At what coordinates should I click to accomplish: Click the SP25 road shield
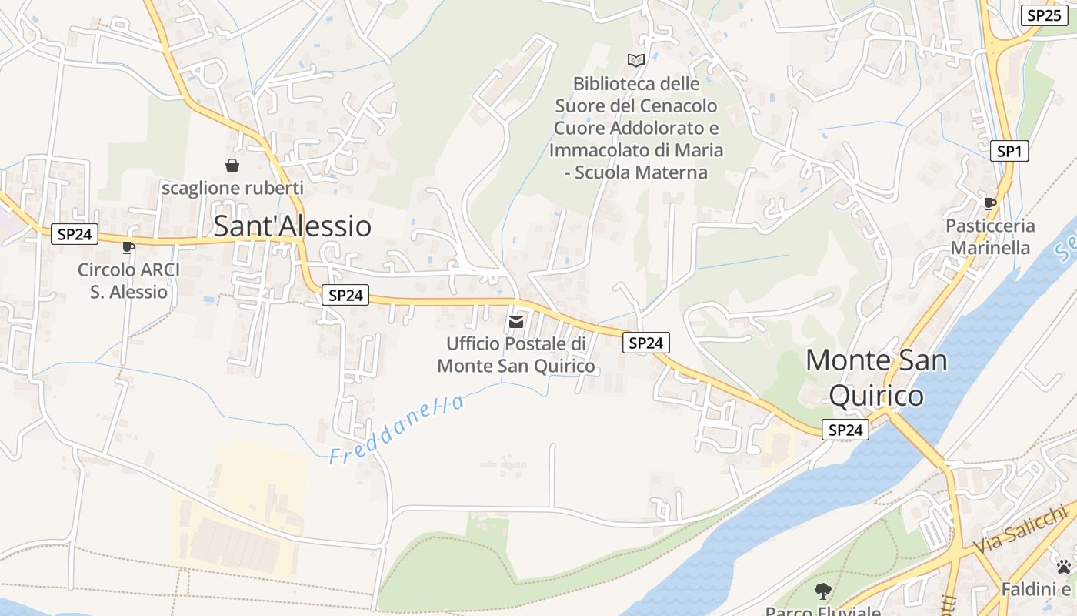pos(1044,15)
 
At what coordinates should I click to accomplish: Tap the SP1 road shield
pos(1009,151)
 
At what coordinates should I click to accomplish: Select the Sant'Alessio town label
pos(292,226)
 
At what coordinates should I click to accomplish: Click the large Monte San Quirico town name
pos(876,377)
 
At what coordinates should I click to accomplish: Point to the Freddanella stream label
pos(397,430)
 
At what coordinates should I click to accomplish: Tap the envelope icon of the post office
pos(516,321)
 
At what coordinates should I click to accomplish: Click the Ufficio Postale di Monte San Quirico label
pos(516,355)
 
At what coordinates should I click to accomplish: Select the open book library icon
pos(636,60)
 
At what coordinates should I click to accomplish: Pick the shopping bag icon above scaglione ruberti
pos(232,166)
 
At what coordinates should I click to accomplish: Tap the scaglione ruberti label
pos(232,188)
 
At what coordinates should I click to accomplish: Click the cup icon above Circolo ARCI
pos(128,247)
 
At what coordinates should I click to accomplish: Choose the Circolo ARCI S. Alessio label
pos(128,281)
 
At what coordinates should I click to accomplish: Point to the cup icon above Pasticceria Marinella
pos(990,203)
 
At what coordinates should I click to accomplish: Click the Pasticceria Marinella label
pos(990,237)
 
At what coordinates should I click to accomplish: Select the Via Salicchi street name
pos(1021,530)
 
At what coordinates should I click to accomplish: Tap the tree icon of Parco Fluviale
pos(823,591)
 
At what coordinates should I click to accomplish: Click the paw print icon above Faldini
pos(1064,567)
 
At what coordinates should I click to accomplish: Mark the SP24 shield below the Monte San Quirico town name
pos(845,430)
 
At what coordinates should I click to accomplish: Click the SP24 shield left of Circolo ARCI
pos(75,234)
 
